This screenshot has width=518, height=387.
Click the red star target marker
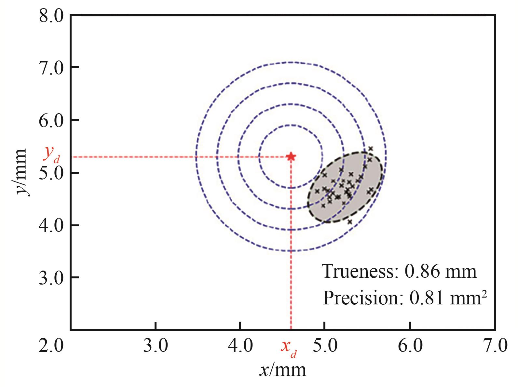pyautogui.click(x=291, y=157)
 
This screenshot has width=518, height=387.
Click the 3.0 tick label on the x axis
pyautogui.click(x=156, y=346)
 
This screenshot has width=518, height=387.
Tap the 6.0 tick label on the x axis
pyautogui.click(x=410, y=346)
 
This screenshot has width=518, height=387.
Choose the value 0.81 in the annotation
pyautogui.click(x=426, y=298)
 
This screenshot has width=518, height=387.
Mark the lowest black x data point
pyautogui.click(x=350, y=222)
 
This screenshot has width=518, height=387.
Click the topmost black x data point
pyautogui.click(x=370, y=148)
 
